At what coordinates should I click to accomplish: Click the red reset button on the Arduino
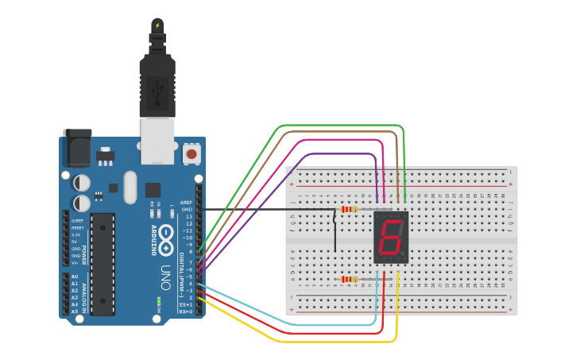point(191,153)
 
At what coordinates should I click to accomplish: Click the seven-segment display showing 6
point(391,238)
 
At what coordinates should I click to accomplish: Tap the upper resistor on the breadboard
point(348,210)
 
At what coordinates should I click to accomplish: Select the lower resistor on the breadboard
point(348,279)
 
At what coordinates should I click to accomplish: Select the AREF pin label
point(186,203)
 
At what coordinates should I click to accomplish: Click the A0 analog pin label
point(74,277)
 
